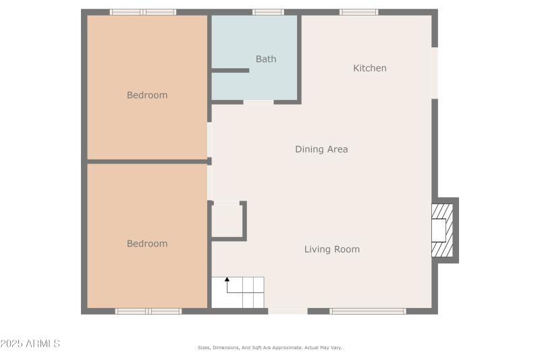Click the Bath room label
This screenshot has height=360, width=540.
(x=266, y=59)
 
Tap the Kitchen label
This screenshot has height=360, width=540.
(x=370, y=68)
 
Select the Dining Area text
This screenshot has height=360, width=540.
(x=321, y=149)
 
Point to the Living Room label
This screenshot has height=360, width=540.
(x=331, y=249)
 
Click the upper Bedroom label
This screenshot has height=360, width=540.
(x=147, y=95)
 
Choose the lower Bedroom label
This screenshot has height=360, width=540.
(x=147, y=244)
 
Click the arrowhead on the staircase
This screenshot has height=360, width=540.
(x=227, y=279)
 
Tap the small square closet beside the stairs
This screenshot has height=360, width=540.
(x=227, y=220)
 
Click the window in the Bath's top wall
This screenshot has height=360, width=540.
(x=268, y=12)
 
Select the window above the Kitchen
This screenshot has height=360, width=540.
(x=358, y=12)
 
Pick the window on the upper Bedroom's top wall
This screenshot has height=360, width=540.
(x=143, y=12)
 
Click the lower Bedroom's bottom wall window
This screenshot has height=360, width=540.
(x=148, y=311)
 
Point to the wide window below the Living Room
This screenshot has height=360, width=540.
(x=368, y=311)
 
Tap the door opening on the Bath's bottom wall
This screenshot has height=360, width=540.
(x=259, y=102)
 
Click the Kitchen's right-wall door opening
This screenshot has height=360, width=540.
(x=435, y=72)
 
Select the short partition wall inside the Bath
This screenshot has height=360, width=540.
(x=230, y=70)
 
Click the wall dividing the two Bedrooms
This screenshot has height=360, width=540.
(x=147, y=161)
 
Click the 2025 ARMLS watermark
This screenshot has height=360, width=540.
(x=30, y=344)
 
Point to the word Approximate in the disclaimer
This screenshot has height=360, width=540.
(x=286, y=348)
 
